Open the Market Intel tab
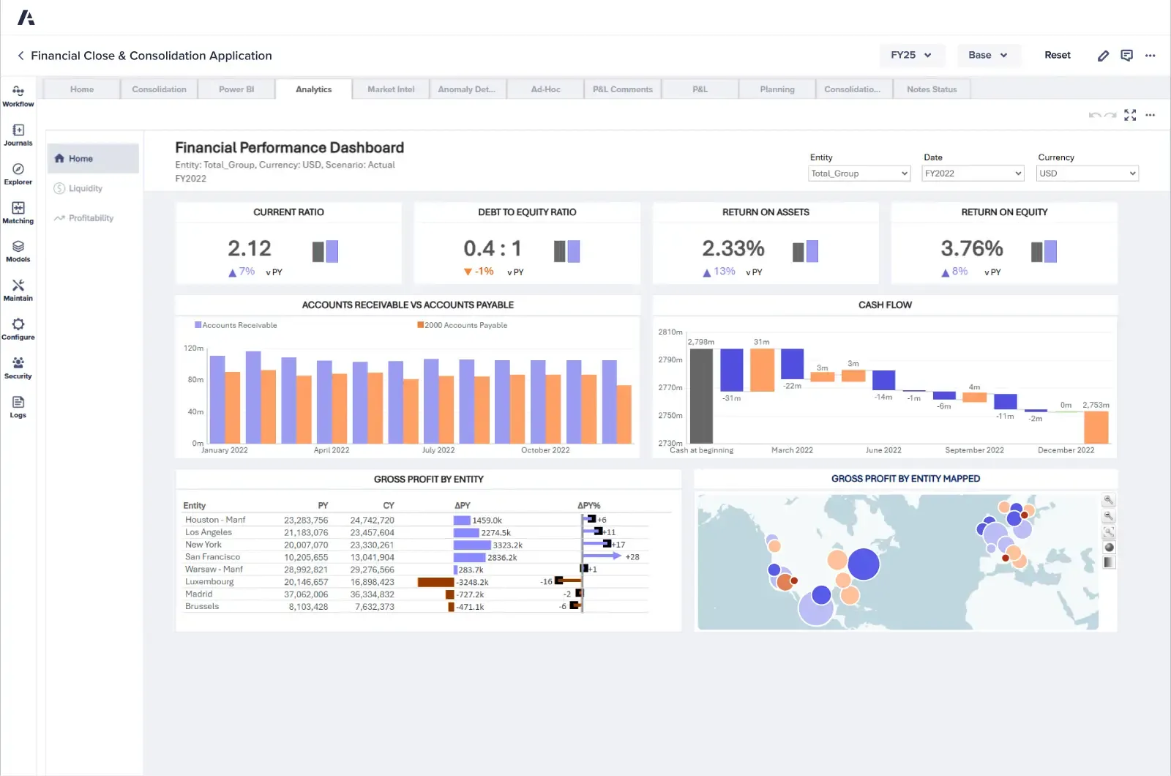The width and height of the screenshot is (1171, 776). pos(391,89)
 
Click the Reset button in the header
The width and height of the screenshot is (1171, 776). pos(1057,55)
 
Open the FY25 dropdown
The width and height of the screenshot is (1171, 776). pos(911,55)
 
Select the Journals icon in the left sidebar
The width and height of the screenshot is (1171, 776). pos(18,134)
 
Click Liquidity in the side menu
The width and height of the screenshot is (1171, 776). pos(85,188)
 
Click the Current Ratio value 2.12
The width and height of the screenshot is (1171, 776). pos(250,249)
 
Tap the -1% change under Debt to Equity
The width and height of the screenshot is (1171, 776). pos(484,272)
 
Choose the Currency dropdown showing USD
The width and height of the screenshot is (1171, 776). pos(1087,174)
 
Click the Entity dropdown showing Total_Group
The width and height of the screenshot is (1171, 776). pos(858,174)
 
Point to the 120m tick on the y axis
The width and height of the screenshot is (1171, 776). pos(193,348)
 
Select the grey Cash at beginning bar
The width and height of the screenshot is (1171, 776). pos(701,395)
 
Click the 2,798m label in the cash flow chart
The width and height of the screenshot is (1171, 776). pos(700,342)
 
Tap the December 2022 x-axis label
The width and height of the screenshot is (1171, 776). pos(1066,450)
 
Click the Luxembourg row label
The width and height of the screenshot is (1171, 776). pos(209,582)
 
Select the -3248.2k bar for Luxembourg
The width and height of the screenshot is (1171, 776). pos(435,582)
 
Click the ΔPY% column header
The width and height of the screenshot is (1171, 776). pos(588,506)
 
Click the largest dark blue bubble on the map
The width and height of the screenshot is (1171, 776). pos(864,564)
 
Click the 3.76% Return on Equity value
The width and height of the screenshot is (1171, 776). pos(971,249)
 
